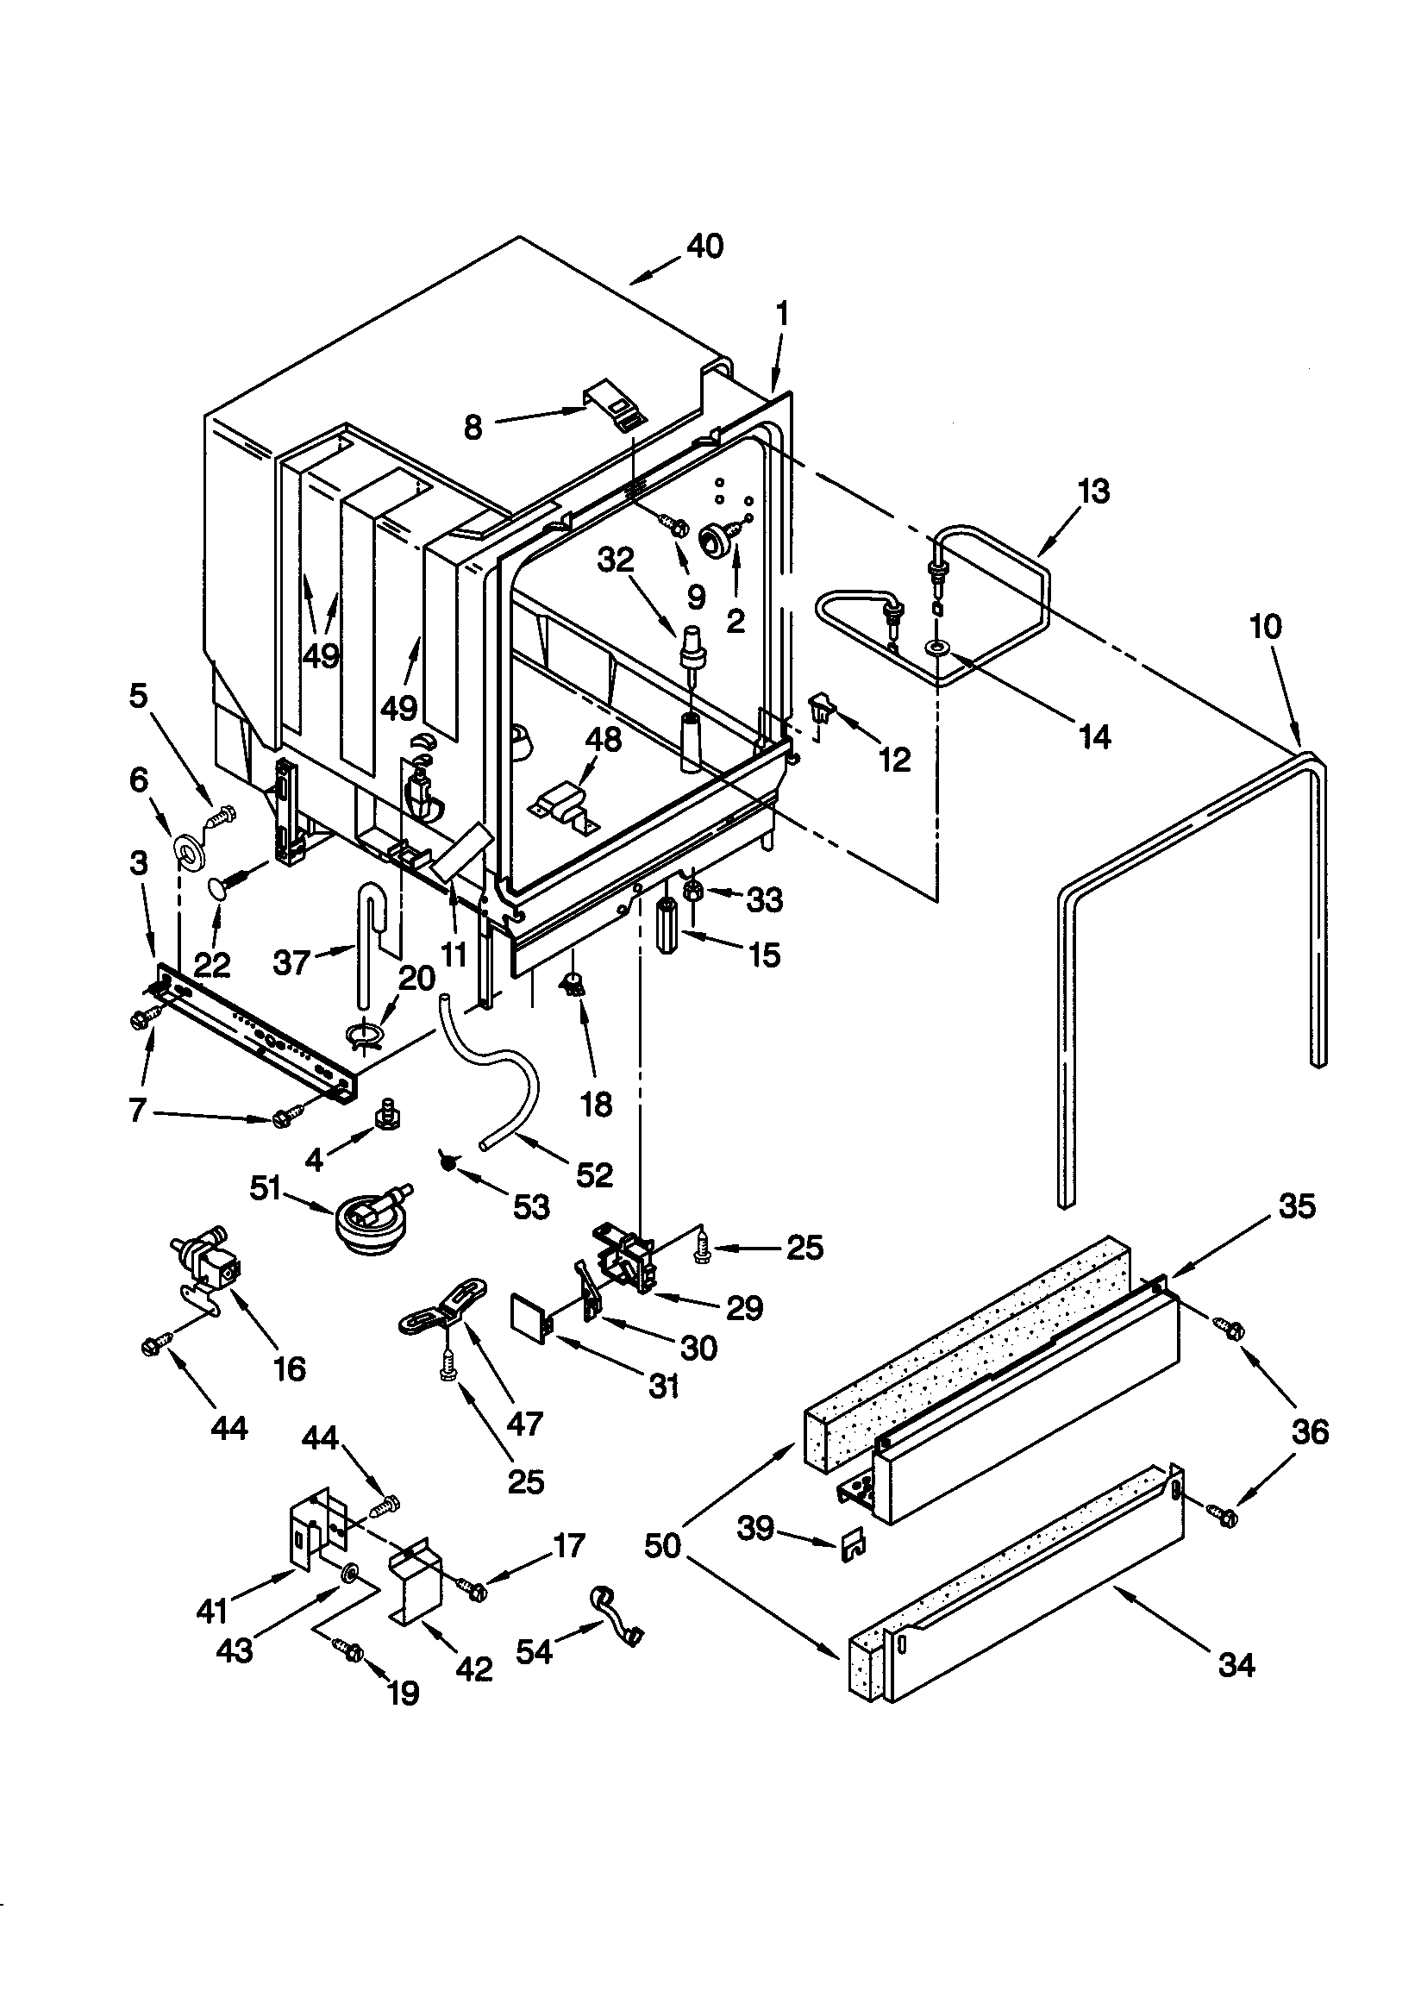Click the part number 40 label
click(x=704, y=247)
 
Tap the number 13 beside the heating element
click(x=1093, y=491)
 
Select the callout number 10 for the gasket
click(x=1266, y=627)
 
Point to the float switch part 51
click(x=366, y=1216)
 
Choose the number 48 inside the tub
click(x=604, y=738)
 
